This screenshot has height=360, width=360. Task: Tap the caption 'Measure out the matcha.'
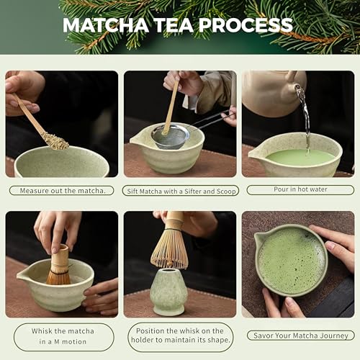click(61, 191)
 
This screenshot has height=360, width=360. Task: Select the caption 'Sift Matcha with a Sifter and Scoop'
click(179, 191)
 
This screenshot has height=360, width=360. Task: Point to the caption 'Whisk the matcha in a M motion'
click(61, 336)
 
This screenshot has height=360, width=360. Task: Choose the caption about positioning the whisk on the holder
click(179, 336)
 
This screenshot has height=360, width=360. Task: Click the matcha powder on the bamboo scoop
click(55, 140)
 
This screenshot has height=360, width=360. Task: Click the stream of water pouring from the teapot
click(305, 115)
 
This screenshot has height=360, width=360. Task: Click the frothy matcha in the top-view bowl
click(291, 260)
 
